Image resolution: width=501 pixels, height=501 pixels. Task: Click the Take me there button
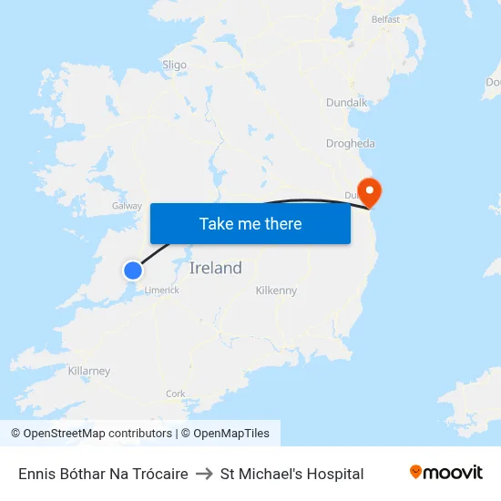pyautogui.click(x=250, y=223)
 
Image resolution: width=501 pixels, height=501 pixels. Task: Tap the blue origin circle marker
pyautogui.click(x=133, y=270)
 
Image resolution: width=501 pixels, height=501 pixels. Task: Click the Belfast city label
pyautogui.click(x=385, y=19)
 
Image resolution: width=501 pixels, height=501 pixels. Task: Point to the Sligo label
pyautogui.click(x=174, y=65)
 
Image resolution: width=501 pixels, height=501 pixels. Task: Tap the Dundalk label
pyautogui.click(x=347, y=103)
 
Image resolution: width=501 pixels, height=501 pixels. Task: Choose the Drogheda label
pyautogui.click(x=351, y=143)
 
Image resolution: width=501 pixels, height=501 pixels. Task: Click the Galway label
pyautogui.click(x=127, y=206)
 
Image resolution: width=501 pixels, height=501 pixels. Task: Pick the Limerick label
pyautogui.click(x=161, y=290)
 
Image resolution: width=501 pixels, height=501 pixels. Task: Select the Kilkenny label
pyautogui.click(x=276, y=291)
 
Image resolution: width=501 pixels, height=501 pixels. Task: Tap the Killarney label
pyautogui.click(x=89, y=371)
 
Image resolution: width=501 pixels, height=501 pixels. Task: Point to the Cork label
pyautogui.click(x=176, y=394)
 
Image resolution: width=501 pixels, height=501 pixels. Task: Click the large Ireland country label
pyautogui.click(x=216, y=268)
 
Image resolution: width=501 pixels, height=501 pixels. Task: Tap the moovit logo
pyautogui.click(x=446, y=472)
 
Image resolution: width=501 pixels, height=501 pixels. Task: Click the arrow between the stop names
pyautogui.click(x=204, y=474)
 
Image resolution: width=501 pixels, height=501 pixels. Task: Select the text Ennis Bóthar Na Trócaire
pyautogui.click(x=103, y=474)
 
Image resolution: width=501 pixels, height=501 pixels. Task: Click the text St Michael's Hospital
pyautogui.click(x=291, y=474)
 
